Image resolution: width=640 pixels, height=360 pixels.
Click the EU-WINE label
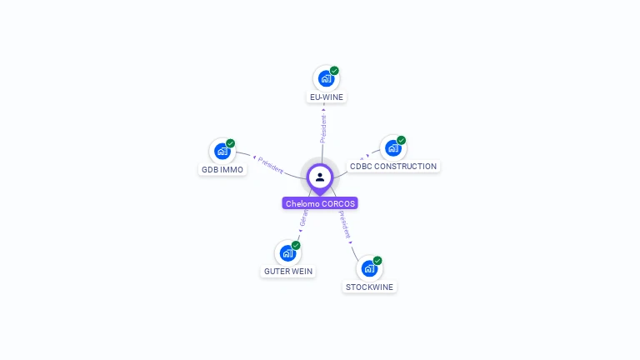[326, 97]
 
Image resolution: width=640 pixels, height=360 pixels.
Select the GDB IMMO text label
[222, 169]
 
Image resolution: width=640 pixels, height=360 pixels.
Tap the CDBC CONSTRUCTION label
[393, 166]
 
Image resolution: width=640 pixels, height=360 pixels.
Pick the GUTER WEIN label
[288, 271]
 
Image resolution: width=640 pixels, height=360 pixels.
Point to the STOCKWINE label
[369, 287]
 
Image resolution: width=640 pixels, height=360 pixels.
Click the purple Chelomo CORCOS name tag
[320, 203]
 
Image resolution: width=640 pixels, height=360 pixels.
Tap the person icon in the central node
[320, 177]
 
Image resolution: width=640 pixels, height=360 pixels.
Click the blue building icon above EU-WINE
[326, 78]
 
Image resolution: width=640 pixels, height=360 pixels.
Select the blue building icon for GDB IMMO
[222, 151]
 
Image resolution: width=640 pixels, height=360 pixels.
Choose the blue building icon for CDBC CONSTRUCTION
[392, 147]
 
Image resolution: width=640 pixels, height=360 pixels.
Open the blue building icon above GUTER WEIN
[287, 252]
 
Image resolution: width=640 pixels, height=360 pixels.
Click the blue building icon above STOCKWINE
[369, 268]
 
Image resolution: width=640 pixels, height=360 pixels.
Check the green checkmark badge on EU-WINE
[334, 71]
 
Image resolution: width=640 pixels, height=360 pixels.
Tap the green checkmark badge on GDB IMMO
[231, 143]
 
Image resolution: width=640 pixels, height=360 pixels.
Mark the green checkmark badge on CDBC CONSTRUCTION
[401, 140]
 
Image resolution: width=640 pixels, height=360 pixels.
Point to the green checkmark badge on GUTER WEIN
[296, 245]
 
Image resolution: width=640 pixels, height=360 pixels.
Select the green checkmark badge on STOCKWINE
[377, 261]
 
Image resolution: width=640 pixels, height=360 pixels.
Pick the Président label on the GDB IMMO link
[271, 164]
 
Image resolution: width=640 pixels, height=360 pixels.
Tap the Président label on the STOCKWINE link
[345, 225]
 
